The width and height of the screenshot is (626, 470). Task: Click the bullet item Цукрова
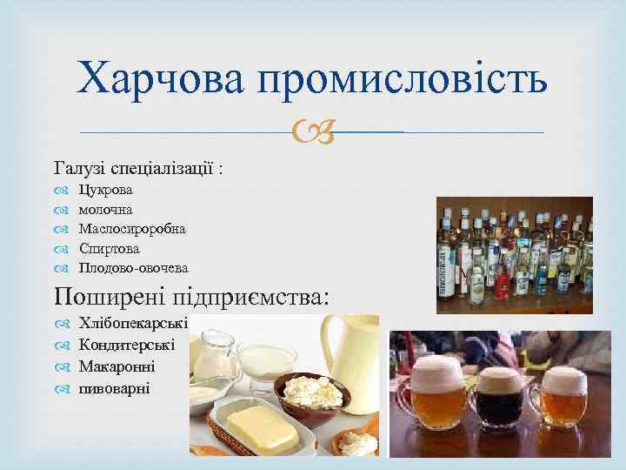pyautogui.click(x=105, y=190)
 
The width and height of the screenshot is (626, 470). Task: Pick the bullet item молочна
pyautogui.click(x=105, y=209)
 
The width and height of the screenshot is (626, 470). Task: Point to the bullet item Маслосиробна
pyautogui.click(x=131, y=228)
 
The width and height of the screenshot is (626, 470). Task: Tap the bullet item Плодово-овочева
pyautogui.click(x=133, y=267)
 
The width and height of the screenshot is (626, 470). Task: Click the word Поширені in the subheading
pyautogui.click(x=112, y=295)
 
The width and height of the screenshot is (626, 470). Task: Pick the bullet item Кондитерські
pyautogui.click(x=126, y=345)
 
